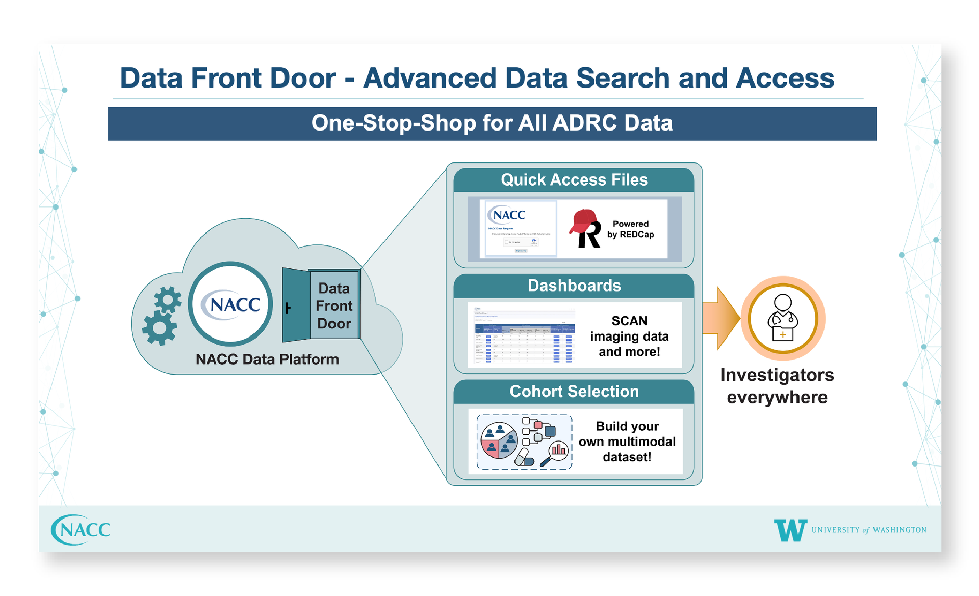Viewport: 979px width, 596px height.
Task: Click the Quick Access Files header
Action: (574, 180)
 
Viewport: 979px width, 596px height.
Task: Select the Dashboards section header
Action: (574, 286)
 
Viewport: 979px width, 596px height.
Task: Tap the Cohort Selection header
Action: (574, 392)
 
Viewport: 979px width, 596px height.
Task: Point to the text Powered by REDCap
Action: (630, 229)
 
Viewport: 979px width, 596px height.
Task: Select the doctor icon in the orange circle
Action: (783, 318)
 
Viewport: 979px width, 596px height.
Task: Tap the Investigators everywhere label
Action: (777, 386)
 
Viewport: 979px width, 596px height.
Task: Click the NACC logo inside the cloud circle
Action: (231, 304)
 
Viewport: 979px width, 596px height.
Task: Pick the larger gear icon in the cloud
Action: (160, 328)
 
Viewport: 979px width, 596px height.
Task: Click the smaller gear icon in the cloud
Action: (168, 299)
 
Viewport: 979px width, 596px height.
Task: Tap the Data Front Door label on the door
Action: (334, 306)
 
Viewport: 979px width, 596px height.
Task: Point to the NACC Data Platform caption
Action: (267, 359)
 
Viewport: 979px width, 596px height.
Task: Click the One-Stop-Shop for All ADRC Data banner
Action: (492, 123)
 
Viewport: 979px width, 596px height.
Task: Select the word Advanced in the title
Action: (429, 78)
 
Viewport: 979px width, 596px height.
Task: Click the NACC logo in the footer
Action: (81, 530)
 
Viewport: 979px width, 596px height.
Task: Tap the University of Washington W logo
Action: (790, 530)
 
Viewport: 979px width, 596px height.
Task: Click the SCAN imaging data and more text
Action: (629, 336)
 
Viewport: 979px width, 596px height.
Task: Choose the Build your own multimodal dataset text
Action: (627, 442)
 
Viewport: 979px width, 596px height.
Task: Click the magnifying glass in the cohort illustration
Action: (555, 453)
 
